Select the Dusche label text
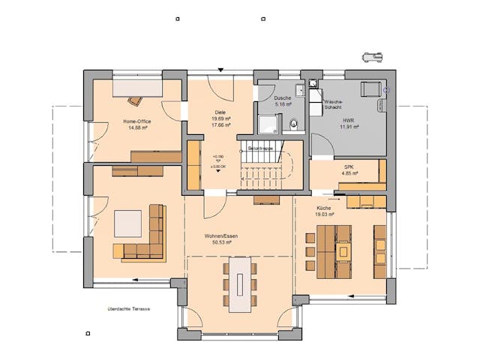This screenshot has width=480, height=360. tap(282, 98)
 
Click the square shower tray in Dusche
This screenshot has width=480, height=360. tap(268, 122)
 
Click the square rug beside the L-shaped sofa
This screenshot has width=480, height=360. tap(127, 223)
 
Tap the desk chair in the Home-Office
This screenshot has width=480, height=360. tap(135, 100)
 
